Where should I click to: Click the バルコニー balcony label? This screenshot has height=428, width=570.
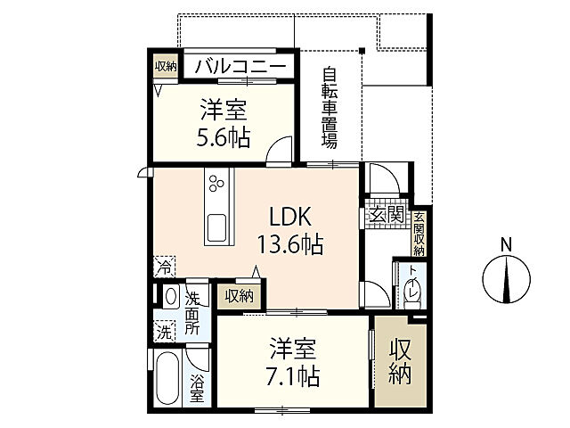[x=240, y=67]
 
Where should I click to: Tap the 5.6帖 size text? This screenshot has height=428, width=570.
[x=224, y=137]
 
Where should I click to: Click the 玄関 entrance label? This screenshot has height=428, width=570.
[x=385, y=215]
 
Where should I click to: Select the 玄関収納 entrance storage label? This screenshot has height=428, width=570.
[x=418, y=233]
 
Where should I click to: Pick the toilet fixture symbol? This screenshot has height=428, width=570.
[x=413, y=291]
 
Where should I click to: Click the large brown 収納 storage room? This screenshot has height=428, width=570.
[x=400, y=362]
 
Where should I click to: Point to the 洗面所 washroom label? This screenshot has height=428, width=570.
[x=193, y=311]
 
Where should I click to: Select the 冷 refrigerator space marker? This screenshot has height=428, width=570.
[x=164, y=266]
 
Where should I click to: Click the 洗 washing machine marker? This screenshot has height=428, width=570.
[x=164, y=332]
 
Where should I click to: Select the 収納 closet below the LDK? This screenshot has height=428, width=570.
[x=238, y=296]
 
